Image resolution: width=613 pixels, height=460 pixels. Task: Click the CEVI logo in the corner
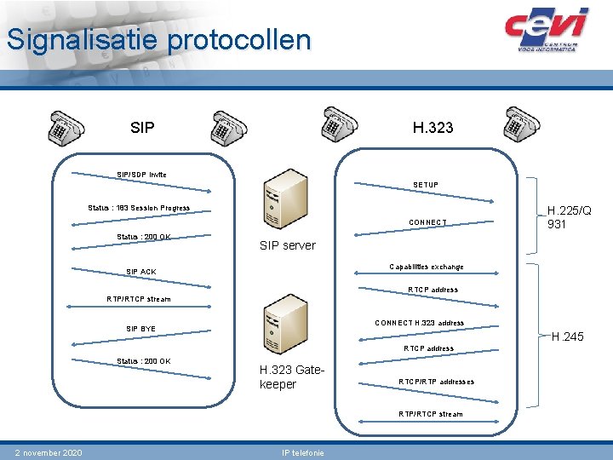point(546,30)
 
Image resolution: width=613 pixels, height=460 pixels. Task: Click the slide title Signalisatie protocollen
point(158,40)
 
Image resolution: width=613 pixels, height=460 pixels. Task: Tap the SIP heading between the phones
point(143,128)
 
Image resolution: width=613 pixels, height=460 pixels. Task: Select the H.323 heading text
point(433,128)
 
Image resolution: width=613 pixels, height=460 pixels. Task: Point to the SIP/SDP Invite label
point(141,175)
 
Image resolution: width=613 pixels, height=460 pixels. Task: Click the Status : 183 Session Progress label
point(139,208)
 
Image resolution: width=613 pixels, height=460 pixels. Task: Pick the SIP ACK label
point(141,272)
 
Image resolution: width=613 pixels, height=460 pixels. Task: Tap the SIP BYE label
point(141,329)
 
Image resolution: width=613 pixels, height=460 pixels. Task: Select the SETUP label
point(426,185)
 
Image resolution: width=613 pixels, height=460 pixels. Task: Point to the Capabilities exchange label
point(427,267)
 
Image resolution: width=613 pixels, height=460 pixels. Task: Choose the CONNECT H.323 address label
point(420,323)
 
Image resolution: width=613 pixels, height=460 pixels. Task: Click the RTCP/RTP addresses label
point(437,382)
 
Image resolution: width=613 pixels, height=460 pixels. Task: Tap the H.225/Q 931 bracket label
point(569,217)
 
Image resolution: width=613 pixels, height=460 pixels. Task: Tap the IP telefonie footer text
point(302,452)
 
